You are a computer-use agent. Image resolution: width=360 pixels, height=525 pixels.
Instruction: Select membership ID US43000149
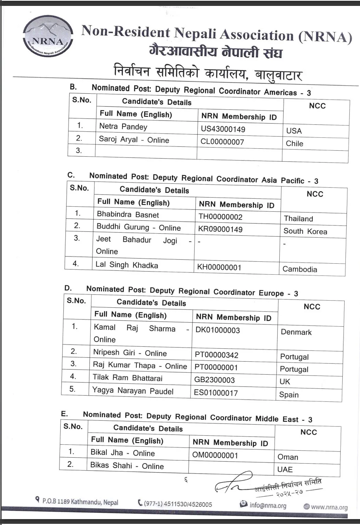(x=223, y=129)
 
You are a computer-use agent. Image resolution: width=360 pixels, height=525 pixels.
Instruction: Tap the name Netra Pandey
(x=123, y=127)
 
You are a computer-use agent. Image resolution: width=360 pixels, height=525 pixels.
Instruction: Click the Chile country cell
(x=295, y=144)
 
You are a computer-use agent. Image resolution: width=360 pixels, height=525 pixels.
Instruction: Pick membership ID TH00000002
(x=221, y=217)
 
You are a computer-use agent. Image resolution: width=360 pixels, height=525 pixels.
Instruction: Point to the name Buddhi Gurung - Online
(x=139, y=227)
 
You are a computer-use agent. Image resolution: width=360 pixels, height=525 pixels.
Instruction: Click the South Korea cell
(x=305, y=231)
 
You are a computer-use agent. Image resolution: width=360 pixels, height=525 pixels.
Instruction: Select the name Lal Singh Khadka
(x=126, y=265)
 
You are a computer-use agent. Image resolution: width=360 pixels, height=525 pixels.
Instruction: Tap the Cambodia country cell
(x=300, y=270)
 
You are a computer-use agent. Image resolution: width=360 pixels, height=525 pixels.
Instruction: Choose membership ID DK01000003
(x=217, y=330)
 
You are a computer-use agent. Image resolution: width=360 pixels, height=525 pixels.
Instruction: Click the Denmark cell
(x=296, y=332)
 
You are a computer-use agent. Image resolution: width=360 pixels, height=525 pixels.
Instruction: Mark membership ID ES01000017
(x=216, y=392)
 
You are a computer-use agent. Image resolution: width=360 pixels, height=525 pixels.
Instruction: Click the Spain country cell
(x=289, y=395)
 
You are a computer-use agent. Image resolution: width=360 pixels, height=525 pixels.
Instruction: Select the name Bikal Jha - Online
(x=122, y=453)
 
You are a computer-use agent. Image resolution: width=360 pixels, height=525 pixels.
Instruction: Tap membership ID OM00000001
(x=215, y=455)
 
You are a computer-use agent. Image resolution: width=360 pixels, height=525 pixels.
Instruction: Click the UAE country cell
(x=285, y=470)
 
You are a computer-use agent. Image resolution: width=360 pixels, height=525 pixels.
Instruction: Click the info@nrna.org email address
(x=267, y=505)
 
